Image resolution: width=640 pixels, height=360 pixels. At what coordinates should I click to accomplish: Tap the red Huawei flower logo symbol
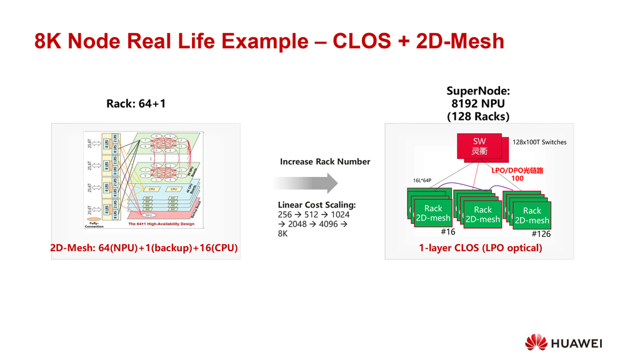coord(536,342)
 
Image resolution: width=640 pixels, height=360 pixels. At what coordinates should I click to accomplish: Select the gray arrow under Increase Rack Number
coord(306,183)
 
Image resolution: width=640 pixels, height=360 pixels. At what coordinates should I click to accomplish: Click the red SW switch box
coord(479,146)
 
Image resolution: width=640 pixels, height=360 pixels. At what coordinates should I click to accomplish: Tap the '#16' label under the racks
coord(447,232)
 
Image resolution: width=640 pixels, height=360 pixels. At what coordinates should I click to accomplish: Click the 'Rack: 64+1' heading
coord(136,104)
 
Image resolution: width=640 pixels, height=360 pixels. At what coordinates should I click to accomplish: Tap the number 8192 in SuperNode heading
coord(467,104)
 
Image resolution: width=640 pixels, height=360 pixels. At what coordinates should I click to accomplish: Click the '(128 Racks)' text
coord(478,117)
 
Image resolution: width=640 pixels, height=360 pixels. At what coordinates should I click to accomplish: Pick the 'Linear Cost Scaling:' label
coord(317,205)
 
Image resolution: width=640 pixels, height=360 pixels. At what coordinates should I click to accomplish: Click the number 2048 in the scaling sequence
coord(297,224)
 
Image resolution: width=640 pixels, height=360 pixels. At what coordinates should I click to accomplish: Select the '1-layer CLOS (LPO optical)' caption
coord(480,248)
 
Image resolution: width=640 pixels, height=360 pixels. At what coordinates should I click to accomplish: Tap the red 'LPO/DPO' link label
coord(504,170)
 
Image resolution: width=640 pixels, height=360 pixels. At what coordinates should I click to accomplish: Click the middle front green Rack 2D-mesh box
coord(483,214)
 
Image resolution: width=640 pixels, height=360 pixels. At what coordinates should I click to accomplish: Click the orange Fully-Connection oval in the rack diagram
coord(94,218)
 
